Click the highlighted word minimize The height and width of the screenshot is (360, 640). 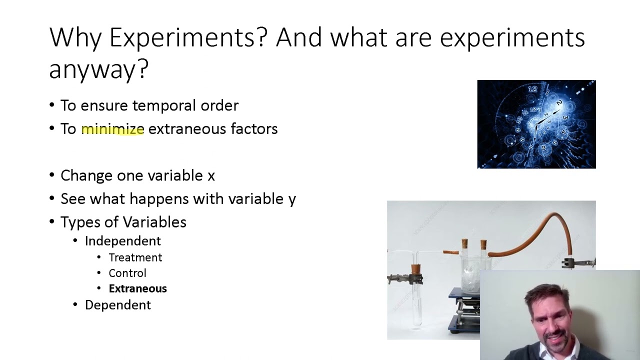[112, 129]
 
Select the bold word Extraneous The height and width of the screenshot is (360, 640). [137, 288]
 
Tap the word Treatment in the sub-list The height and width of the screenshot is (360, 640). [135, 257]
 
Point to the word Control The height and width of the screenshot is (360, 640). [127, 273]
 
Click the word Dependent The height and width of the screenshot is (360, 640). [117, 305]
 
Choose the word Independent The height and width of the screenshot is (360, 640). [122, 241]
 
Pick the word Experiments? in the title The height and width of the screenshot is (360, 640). [188, 37]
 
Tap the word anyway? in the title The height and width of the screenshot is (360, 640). [98, 69]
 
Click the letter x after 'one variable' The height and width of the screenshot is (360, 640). [211, 176]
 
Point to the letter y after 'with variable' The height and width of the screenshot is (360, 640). [292, 199]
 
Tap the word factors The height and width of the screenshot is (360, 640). [254, 129]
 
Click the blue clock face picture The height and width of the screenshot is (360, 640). [536, 124]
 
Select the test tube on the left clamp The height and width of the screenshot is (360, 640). [416, 295]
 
